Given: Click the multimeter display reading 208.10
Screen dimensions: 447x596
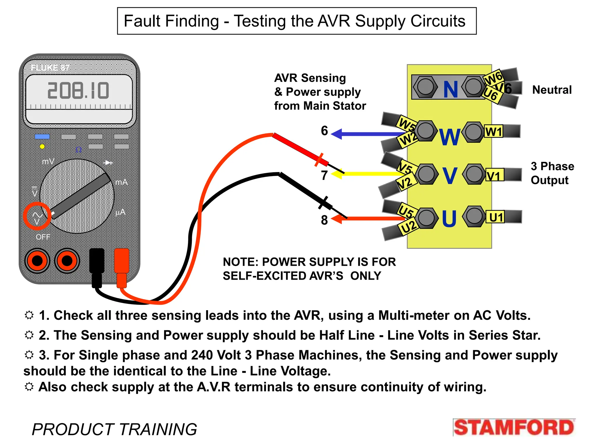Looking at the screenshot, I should (x=78, y=91).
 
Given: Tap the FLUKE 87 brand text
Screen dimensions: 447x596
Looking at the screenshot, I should (x=50, y=68).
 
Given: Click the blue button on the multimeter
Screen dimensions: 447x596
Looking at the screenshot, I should (x=42, y=136).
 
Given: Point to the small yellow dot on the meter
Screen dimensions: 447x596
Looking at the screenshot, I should (x=42, y=147).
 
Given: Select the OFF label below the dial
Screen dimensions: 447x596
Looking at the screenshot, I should (x=43, y=237).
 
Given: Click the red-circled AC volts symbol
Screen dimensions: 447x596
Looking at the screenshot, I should (x=37, y=216).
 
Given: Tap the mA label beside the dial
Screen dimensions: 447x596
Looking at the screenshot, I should (x=121, y=182).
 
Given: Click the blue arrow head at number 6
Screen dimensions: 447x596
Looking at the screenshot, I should (x=337, y=134).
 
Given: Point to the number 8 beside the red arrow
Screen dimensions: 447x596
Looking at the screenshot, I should (x=324, y=220).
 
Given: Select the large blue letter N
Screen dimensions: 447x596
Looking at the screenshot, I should (x=450, y=89).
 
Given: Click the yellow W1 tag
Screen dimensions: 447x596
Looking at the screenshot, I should (x=494, y=132).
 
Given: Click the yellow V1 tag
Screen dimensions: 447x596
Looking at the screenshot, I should (x=494, y=176).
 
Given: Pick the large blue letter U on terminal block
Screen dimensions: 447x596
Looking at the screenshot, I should (x=449, y=219).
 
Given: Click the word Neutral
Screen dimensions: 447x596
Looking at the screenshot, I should (x=552, y=90).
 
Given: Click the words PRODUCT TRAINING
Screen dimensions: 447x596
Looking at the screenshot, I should (x=114, y=429).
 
